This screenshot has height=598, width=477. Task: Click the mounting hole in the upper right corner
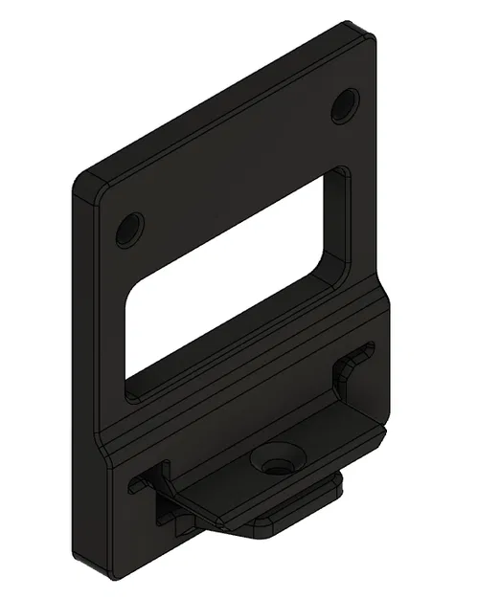[345, 105]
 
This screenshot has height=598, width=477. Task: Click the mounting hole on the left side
[128, 230]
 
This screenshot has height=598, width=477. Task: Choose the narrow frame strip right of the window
[362, 220]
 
